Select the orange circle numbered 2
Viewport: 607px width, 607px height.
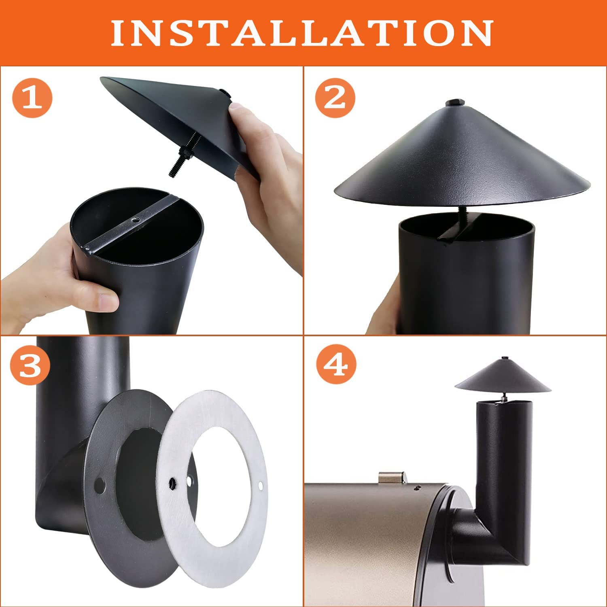click(x=335, y=98)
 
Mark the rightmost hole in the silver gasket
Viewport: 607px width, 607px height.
click(x=260, y=485)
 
